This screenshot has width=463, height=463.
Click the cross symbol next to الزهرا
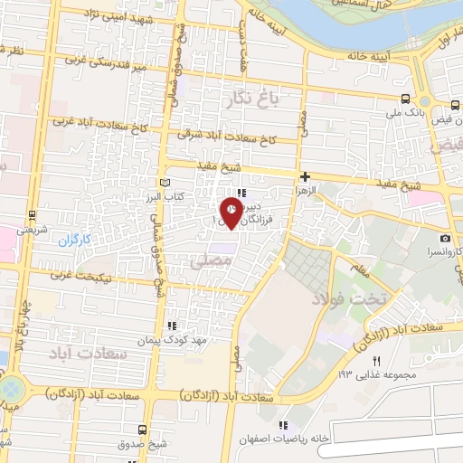(x=307, y=176)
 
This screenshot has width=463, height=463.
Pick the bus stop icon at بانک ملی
(x=405, y=99)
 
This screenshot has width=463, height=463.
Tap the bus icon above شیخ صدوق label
(x=141, y=430)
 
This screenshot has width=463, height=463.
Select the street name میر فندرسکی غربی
(x=113, y=63)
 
